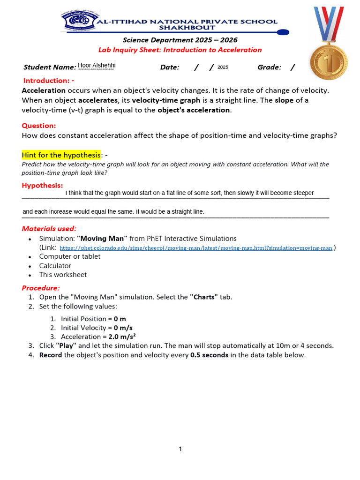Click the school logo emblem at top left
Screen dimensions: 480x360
click(x=78, y=21)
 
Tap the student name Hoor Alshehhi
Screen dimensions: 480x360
click(x=96, y=66)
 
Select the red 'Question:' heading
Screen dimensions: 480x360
click(x=39, y=126)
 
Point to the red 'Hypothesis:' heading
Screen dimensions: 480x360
click(x=42, y=185)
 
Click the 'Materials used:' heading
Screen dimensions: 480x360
click(x=49, y=229)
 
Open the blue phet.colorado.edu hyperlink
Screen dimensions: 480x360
click(x=196, y=248)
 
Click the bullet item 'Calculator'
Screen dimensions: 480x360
click(x=55, y=266)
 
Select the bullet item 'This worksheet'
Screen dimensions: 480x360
click(x=63, y=275)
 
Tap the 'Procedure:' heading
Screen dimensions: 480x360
click(x=41, y=288)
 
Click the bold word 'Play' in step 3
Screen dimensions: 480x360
click(x=66, y=346)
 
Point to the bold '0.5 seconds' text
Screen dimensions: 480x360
click(x=209, y=355)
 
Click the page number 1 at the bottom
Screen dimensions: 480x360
click(x=180, y=449)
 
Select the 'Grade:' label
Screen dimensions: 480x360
click(x=269, y=67)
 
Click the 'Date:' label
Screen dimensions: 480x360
click(x=170, y=67)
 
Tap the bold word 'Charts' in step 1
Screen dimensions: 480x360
click(x=204, y=297)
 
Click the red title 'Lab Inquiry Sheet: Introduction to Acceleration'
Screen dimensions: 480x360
click(x=180, y=50)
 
